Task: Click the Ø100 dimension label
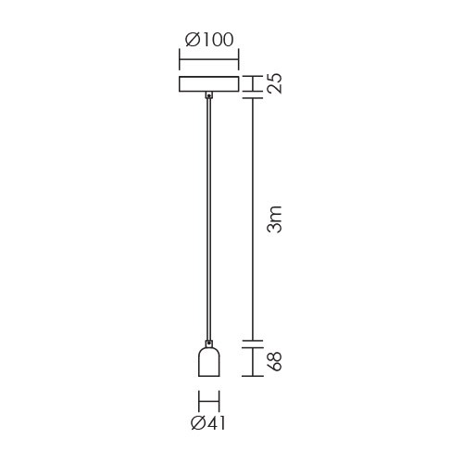point(209,40)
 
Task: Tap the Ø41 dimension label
point(208,422)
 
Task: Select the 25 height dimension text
point(274,83)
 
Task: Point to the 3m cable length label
point(274,219)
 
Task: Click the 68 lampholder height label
point(274,361)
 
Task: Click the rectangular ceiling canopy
point(209,83)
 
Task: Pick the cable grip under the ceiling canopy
point(209,95)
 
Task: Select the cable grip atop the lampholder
point(209,343)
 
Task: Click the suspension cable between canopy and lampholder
point(209,219)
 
